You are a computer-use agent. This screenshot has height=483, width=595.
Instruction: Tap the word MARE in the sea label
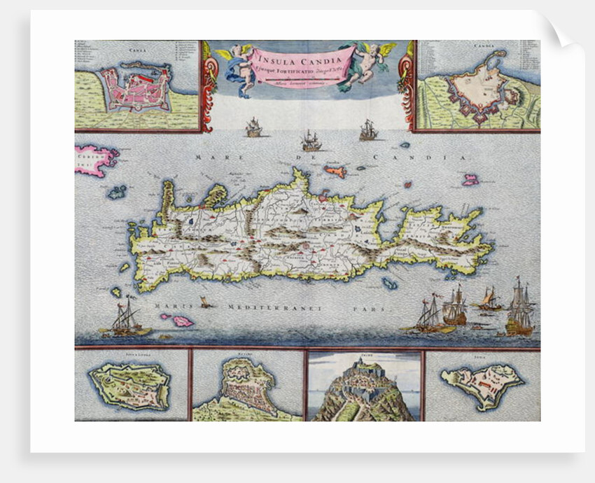pyautogui.click(x=209, y=157)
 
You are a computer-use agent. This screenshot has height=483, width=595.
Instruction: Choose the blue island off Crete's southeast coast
pyautogui.click(x=390, y=283)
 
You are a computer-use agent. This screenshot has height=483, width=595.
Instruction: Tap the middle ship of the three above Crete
pyautogui.click(x=311, y=142)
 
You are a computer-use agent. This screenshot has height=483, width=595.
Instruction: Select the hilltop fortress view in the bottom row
pyautogui.click(x=364, y=388)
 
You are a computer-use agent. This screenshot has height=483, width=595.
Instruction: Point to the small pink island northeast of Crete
pyautogui.click(x=470, y=180)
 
